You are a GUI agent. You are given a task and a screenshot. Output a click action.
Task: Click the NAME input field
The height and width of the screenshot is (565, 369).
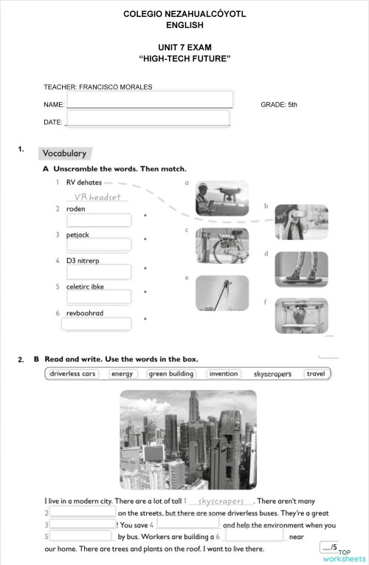click(149, 100)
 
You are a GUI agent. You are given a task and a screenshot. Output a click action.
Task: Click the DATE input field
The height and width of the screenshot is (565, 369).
click(148, 119)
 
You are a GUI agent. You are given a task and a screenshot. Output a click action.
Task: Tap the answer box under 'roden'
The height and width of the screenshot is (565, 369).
click(99, 220)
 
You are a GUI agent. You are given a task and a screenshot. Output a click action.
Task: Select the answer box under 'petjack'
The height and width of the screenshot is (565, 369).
click(99, 244)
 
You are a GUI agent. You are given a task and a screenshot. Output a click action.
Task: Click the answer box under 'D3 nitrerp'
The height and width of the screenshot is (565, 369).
click(99, 272)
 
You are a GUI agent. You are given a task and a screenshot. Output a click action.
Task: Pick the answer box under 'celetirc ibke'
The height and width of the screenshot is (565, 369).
click(99, 297)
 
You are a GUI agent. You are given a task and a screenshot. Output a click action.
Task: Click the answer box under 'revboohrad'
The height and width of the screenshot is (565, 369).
click(96, 323)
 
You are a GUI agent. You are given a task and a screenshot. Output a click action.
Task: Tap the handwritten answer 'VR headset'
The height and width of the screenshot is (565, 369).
click(97, 197)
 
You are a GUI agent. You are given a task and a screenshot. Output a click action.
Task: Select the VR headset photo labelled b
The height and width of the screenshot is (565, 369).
click(301, 222)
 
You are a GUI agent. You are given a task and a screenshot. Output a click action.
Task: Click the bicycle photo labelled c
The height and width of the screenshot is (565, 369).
click(222, 246)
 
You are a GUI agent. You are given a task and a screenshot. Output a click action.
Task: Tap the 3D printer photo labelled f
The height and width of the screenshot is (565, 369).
click(301, 315)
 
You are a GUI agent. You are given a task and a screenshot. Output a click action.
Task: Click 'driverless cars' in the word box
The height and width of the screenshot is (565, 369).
click(72, 374)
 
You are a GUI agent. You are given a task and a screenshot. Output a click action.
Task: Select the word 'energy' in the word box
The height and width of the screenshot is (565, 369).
click(122, 374)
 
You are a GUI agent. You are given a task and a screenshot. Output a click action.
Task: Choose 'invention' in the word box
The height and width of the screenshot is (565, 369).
click(224, 374)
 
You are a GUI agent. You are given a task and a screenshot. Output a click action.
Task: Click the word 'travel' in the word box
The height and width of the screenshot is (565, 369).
click(316, 374)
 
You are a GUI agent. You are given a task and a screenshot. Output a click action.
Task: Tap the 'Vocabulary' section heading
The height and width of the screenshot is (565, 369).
click(65, 154)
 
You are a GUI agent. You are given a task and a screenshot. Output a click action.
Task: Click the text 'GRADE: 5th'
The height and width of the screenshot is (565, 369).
click(279, 105)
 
